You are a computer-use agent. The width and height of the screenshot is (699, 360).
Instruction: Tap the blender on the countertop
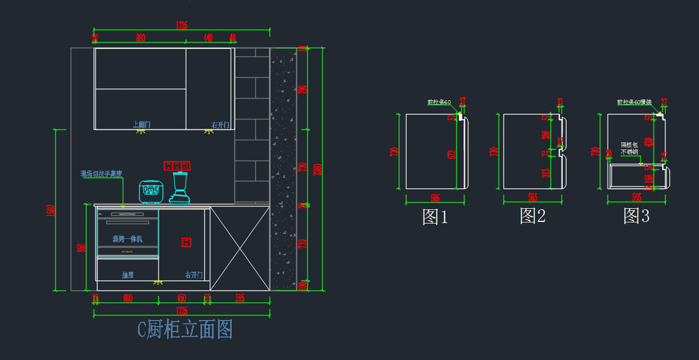pyautogui.click(x=181, y=188)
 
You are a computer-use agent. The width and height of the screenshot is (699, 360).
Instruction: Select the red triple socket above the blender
pyautogui.click(x=177, y=166)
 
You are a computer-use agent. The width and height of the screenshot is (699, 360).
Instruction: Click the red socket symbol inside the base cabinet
pyautogui.click(x=186, y=242)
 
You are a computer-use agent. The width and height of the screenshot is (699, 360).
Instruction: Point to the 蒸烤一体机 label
pyautogui.click(x=128, y=239)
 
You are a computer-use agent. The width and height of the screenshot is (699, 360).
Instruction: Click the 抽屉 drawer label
pyautogui.click(x=128, y=275)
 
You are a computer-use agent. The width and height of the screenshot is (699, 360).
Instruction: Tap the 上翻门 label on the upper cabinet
pyautogui.click(x=142, y=124)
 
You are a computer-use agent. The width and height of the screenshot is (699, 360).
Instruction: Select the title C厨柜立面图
pyautogui.click(x=185, y=330)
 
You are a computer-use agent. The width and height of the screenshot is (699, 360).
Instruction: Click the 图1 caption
pyautogui.click(x=435, y=217)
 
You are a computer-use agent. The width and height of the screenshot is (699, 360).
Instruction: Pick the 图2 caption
pyautogui.click(x=532, y=217)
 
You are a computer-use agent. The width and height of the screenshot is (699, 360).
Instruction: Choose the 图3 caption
pyautogui.click(x=636, y=217)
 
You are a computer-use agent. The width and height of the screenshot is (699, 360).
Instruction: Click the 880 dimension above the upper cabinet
pyautogui.click(x=140, y=38)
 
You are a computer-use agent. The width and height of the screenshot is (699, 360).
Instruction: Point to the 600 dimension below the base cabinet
pyautogui.click(x=128, y=298)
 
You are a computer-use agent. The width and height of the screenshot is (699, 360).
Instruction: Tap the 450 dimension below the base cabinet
pyautogui.click(x=181, y=298)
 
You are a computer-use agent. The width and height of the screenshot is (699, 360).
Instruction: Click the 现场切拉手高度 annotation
pyautogui.click(x=101, y=174)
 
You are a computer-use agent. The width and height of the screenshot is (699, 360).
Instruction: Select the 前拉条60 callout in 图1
pyautogui.click(x=439, y=103)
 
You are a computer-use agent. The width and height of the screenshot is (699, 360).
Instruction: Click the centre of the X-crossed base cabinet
pyautogui.click(x=239, y=249)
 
